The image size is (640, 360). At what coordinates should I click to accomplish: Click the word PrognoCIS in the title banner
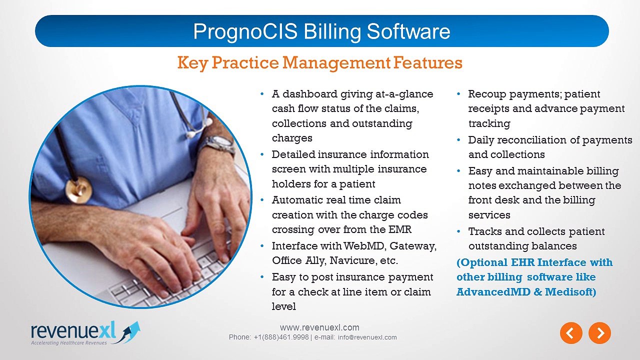coord(245,32)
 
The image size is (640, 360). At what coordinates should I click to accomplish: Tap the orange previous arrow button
coord(571,333)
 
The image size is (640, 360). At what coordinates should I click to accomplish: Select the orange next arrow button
coord(599,333)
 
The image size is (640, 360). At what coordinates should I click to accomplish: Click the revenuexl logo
coord(85,333)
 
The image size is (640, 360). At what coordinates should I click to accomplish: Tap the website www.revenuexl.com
coord(319,327)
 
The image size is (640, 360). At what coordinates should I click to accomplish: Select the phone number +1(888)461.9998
coord(281,337)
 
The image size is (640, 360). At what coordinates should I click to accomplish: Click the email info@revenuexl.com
coord(367,337)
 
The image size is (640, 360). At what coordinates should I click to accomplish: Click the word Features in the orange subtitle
coord(427,62)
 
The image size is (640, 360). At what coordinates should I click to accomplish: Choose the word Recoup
coord(487,94)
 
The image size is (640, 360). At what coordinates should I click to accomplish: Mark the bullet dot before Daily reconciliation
coord(458,140)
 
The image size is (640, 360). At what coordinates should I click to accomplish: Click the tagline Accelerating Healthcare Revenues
coord(69,342)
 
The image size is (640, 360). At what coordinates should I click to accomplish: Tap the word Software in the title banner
coord(408,32)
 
